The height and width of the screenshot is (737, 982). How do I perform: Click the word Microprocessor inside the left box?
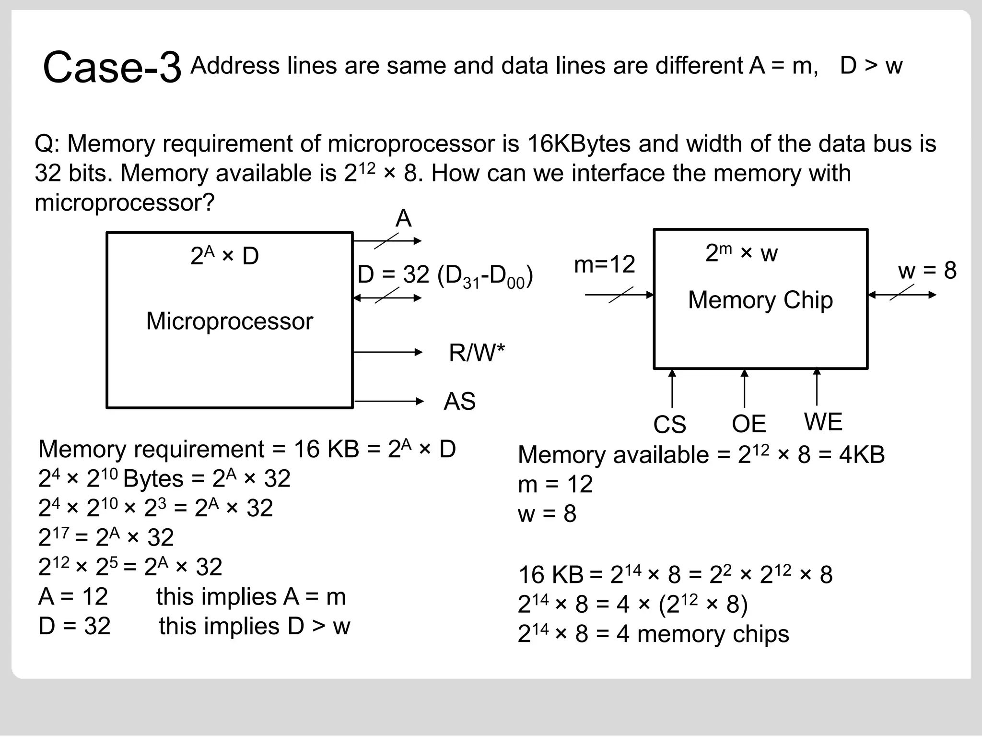click(229, 321)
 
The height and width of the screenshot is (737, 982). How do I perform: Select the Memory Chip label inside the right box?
click(760, 300)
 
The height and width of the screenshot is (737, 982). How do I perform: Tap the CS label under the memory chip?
click(669, 424)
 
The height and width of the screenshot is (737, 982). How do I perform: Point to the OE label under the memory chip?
click(748, 424)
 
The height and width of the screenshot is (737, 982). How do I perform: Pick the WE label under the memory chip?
click(823, 422)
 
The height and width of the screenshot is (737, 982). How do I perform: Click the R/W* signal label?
click(477, 353)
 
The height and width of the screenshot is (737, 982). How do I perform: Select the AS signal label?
click(459, 401)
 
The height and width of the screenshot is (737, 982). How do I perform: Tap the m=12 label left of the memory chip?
click(604, 264)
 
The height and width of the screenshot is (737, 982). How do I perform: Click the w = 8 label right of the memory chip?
click(927, 270)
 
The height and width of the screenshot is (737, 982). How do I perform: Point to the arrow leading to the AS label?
click(388, 401)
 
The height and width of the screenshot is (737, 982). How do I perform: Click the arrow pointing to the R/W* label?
click(387, 352)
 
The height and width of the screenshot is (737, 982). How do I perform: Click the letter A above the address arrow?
click(403, 219)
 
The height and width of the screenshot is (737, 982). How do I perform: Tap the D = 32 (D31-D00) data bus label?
click(445, 276)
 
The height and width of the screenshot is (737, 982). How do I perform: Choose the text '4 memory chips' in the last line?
click(702, 634)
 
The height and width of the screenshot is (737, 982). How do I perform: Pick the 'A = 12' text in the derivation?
click(73, 596)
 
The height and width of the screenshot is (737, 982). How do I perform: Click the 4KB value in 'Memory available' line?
click(862, 454)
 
